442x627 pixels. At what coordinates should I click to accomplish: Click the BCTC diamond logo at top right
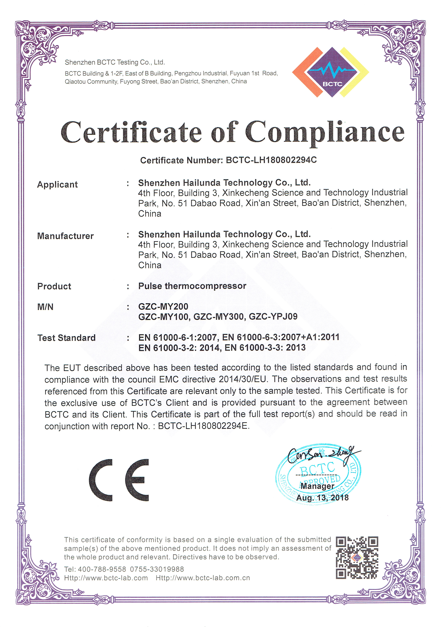[331, 72]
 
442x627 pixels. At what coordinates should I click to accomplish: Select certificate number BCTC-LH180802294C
[271, 160]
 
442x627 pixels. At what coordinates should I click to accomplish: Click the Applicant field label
[57, 185]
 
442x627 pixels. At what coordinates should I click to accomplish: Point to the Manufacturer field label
[65, 236]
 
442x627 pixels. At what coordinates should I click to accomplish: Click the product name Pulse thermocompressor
[192, 286]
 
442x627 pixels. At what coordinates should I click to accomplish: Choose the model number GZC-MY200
[163, 306]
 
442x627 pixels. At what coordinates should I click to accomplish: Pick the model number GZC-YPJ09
[273, 317]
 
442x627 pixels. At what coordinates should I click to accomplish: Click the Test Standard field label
[66, 338]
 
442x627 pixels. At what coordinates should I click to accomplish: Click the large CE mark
[119, 480]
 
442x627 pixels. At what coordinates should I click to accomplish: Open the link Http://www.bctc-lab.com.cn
[203, 578]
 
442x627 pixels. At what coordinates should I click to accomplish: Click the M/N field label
[45, 307]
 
